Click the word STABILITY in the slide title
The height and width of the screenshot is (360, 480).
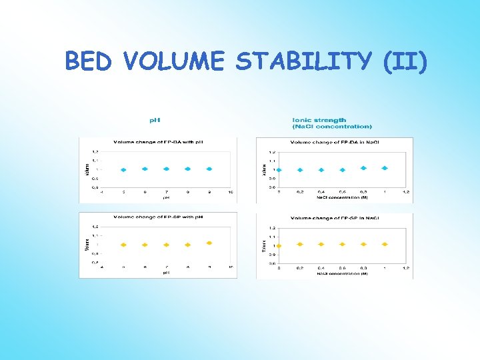pos(304,61)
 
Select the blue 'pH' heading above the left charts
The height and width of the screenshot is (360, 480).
pos(154,120)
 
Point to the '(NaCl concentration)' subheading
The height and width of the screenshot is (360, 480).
pos(332,126)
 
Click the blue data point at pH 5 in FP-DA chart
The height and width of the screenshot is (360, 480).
pos(123,169)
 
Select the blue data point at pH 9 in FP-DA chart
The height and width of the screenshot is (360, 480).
pos(209,169)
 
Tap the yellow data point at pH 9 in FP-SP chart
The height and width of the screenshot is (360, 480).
pos(209,243)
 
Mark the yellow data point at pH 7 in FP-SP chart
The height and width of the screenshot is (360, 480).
pos(166,245)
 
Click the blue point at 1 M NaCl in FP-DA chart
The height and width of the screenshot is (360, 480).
pos(384,168)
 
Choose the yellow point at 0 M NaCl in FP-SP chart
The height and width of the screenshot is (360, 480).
pos(279,245)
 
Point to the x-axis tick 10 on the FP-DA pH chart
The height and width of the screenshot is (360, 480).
pos(230,192)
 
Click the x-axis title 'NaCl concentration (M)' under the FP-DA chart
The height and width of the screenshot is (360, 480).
pos(342,198)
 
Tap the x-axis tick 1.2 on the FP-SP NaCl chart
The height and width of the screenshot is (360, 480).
pos(405,267)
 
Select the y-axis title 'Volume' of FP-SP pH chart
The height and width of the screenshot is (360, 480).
pos(86,244)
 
